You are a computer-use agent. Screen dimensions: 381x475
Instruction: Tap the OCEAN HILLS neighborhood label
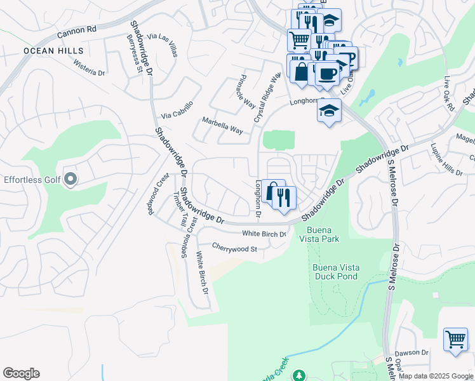pyautogui.click(x=44, y=50)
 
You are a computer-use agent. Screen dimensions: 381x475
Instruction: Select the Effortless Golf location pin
pyautogui.click(x=70, y=180)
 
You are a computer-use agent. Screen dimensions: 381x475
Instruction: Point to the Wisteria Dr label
pyautogui.click(x=89, y=68)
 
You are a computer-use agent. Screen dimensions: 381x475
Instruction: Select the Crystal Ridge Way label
pyautogui.click(x=267, y=97)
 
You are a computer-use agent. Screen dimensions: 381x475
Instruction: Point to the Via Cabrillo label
pyautogui.click(x=177, y=110)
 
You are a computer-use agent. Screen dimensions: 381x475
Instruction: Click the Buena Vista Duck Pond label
pyautogui.click(x=335, y=272)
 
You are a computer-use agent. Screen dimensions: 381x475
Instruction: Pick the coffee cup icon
pyautogui.click(x=328, y=74)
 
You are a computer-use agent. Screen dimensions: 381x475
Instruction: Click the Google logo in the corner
pyautogui.click(x=21, y=373)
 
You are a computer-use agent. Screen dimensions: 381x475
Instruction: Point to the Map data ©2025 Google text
pyautogui.click(x=436, y=376)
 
